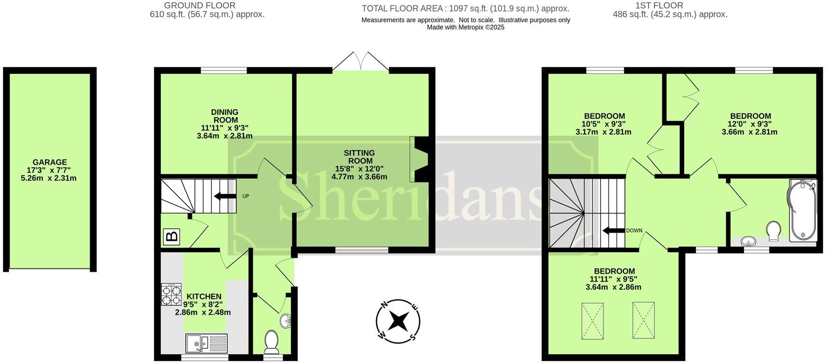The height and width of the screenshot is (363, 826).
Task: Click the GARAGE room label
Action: pos(50,162)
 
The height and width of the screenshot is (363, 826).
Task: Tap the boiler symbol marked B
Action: pos(171,237)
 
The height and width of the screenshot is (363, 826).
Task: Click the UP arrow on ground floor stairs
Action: pos(224,196)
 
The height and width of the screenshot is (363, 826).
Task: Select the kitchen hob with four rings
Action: pos(171,294)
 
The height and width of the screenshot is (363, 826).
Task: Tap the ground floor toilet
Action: pos(271,341)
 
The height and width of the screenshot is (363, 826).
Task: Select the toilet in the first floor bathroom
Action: pos(773,230)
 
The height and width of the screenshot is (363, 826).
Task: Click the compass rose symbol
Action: pos(398,321)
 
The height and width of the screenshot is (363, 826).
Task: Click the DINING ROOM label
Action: pos(225,116)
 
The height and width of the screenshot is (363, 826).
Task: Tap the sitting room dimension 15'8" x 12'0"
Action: pos(359,169)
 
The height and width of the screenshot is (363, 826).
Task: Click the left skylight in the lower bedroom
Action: pos(592,321)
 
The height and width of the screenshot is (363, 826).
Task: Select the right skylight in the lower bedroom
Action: pos(643,321)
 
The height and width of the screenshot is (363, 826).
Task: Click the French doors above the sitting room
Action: pos(360,62)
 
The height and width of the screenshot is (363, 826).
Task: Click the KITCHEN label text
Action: pos(204,296)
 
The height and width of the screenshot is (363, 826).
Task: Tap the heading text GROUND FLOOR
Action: pos(200,6)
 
